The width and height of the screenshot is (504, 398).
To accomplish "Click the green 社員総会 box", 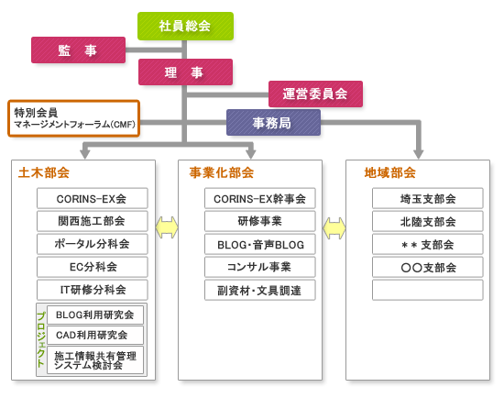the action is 185,26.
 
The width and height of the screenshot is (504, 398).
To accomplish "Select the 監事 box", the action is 78,50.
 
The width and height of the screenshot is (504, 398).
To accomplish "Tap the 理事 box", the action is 185,72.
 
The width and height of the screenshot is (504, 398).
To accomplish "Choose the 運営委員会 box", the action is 315,94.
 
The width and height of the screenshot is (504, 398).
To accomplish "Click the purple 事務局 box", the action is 274,123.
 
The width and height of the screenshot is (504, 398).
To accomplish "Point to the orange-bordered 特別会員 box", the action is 74,118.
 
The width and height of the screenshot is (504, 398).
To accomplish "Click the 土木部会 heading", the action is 44,172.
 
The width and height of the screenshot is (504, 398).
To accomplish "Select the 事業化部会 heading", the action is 222,172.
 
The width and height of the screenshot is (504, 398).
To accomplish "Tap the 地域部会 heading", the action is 389,172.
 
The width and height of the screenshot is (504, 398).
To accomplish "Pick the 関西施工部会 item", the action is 93,221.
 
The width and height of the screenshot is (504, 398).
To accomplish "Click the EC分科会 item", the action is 93,267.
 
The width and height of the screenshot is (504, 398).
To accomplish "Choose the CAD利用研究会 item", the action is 95,335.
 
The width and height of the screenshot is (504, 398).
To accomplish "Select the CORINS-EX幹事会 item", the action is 260,198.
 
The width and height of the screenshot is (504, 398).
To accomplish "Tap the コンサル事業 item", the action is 260,267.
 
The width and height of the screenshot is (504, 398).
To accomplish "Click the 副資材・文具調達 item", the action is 260,290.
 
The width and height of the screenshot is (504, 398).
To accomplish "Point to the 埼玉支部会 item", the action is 428,198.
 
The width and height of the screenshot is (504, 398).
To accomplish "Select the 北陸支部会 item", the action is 428,221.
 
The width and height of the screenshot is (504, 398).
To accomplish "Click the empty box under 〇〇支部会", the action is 428,290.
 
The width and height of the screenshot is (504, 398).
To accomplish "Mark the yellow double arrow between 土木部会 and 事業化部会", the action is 167,227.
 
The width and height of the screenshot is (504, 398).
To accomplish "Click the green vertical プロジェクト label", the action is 41,339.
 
